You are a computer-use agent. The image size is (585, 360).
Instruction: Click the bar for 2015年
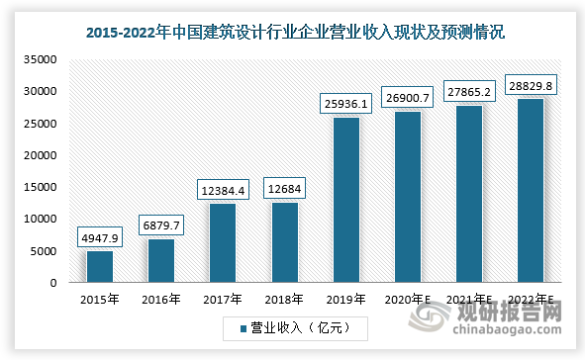99,266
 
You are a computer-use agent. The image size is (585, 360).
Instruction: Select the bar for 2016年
160,260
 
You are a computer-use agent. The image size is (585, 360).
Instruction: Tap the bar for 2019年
345,201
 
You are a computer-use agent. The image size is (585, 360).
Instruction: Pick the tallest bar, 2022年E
531,191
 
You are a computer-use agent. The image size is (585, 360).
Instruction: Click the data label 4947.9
99,237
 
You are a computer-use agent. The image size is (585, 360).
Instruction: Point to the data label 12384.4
223,190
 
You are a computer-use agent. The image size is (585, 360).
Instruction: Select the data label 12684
284,188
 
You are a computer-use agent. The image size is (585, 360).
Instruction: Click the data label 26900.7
408,98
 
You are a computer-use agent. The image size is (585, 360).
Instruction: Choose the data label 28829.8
531,85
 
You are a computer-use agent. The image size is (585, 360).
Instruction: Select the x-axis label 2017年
223,298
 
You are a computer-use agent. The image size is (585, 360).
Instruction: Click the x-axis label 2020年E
408,298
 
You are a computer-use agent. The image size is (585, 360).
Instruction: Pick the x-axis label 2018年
284,298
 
